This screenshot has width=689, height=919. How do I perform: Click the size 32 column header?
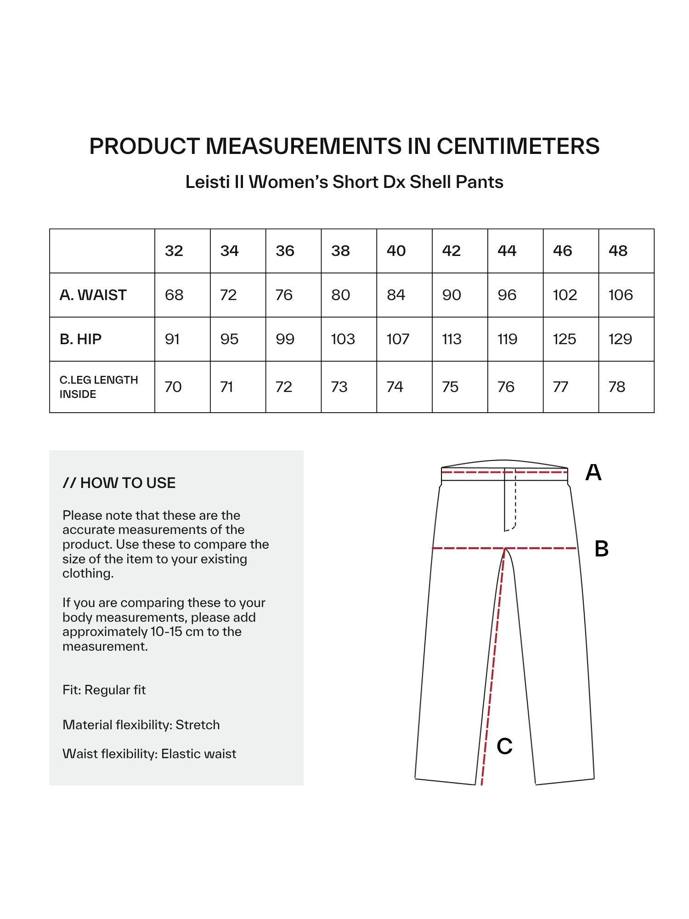tap(174, 251)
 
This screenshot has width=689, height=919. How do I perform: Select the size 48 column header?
tap(618, 251)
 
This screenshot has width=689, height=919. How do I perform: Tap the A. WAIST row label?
tap(93, 295)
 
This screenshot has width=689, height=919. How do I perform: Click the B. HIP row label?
tap(80, 339)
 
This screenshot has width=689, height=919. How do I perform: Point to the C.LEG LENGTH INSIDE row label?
tap(98, 387)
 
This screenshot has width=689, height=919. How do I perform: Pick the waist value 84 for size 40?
tap(396, 295)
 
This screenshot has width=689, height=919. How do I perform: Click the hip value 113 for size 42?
tap(452, 339)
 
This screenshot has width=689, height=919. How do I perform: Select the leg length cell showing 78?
tap(617, 387)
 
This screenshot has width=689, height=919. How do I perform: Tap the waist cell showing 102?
tap(565, 295)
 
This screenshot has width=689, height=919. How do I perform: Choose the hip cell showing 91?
tap(172, 339)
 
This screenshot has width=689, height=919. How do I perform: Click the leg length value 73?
tap(339, 387)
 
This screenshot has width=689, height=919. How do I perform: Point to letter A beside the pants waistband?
tap(593, 472)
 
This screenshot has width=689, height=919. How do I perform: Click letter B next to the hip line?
tap(601, 549)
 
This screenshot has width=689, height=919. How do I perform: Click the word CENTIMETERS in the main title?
tap(518, 146)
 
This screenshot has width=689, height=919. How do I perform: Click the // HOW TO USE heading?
tap(119, 483)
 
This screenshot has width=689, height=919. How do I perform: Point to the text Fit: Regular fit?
tap(104, 690)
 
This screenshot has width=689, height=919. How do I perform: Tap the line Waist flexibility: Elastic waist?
tap(149, 754)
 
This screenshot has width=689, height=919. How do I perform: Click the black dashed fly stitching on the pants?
tap(515, 501)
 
